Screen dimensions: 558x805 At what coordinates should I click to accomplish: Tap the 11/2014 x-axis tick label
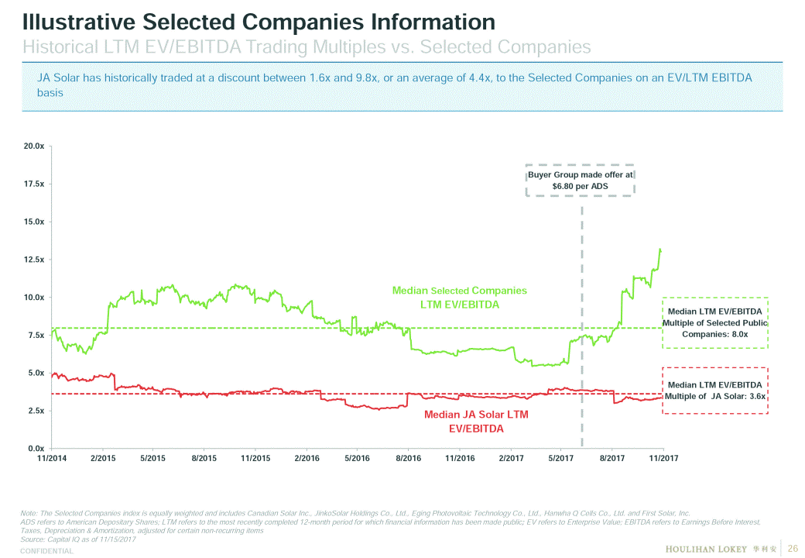coord(52,459)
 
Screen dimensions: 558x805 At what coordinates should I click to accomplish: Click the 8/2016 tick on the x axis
coord(408,459)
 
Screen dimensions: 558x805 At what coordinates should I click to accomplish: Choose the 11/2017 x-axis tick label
coord(663,459)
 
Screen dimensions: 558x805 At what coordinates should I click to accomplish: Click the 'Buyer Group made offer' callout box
coord(580,181)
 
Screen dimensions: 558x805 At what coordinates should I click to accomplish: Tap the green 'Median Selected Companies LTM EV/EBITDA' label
coord(459,297)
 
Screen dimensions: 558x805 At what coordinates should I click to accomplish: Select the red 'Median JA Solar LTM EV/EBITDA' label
coord(476,421)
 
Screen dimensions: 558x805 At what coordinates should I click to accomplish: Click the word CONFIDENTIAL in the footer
coord(46,551)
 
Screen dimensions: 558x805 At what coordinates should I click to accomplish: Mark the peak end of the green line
coord(660,249)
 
